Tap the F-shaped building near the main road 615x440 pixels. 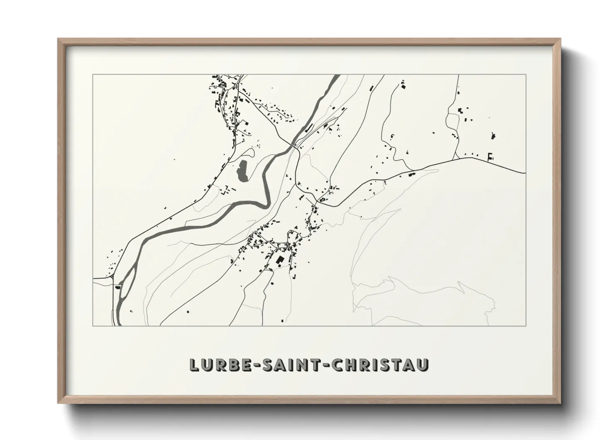pyautogui.click(x=490, y=156)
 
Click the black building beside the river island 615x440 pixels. pyautogui.click(x=118, y=287)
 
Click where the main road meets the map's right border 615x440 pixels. pyautogui.click(x=525, y=173)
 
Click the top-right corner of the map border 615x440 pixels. pyautogui.click(x=526, y=75)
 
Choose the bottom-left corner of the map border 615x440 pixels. pyautogui.click(x=93, y=326)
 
